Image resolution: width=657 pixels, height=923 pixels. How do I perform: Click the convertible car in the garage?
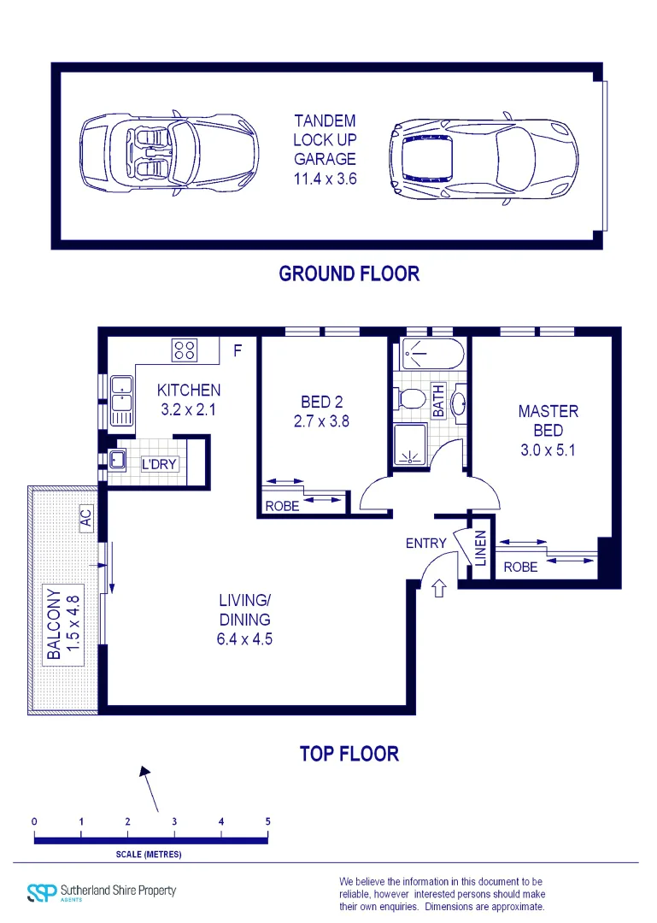click(169, 154)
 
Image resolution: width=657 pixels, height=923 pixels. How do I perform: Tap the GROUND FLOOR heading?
click(349, 273)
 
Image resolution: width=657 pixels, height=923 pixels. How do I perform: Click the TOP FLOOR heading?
click(349, 754)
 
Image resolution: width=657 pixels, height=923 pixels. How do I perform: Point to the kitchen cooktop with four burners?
click(185, 350)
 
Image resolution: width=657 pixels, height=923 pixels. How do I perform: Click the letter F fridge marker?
click(238, 350)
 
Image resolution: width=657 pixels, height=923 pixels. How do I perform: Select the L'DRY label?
click(158, 464)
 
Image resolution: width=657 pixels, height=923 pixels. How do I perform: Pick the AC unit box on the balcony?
click(85, 518)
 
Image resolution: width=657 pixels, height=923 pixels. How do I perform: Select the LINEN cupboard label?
click(480, 548)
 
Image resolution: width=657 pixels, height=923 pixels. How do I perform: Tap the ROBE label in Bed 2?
click(282, 506)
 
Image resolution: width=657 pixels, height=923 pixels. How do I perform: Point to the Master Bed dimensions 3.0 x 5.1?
click(548, 450)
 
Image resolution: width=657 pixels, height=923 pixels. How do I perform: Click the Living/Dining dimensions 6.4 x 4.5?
click(244, 638)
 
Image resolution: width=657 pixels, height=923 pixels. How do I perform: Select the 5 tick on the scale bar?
click(267, 822)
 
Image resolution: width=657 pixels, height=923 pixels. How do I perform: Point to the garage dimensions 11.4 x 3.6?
click(325, 179)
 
